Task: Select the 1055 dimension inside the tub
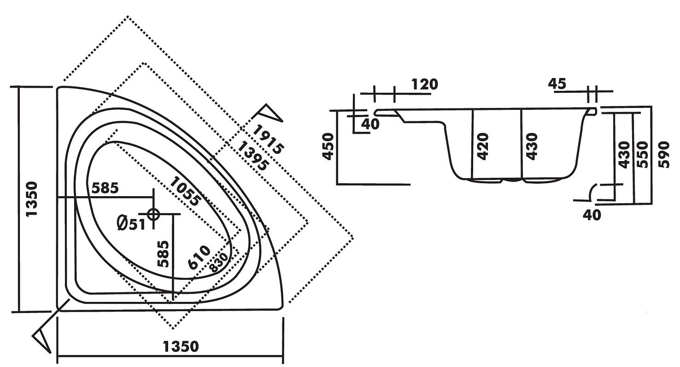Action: tap(186, 191)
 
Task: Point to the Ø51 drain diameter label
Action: tap(131, 224)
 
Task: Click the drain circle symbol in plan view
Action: tap(153, 214)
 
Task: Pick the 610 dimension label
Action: tap(199, 258)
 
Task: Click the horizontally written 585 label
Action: tap(105, 188)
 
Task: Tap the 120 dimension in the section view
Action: tap(423, 84)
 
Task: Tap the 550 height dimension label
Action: tap(642, 154)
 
